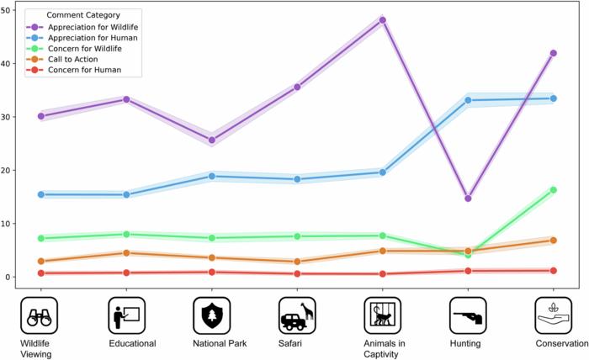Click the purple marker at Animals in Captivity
point(382,20)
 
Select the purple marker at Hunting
point(468,199)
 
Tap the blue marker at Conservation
point(553,98)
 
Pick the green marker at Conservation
point(553,190)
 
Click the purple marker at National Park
point(211,140)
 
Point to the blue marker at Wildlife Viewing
point(40,194)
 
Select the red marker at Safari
point(297,273)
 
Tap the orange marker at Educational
point(126,252)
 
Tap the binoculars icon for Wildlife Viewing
point(40,315)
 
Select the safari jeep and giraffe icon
point(297,315)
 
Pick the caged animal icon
point(382,315)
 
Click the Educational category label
point(132,342)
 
